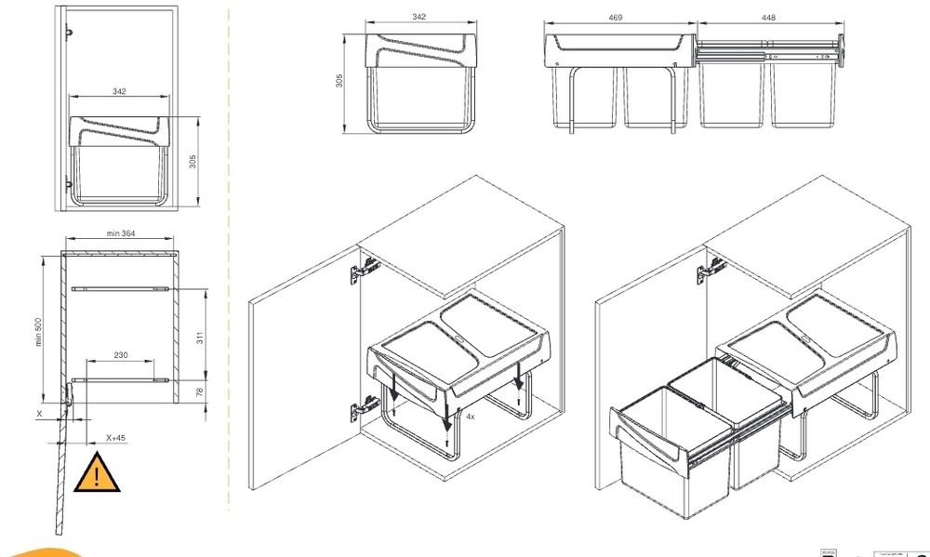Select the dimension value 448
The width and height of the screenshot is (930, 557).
769,18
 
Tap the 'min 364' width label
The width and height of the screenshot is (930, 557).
120,233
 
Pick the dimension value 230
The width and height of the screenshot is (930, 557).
120,354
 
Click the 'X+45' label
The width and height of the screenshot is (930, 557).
116,437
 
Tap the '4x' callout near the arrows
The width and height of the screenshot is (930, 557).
472,418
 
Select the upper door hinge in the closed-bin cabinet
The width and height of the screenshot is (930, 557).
364,271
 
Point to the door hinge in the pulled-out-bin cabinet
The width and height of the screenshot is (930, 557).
711,269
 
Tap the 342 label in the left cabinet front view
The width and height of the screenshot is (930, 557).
118,91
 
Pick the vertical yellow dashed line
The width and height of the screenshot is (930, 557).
229,279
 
